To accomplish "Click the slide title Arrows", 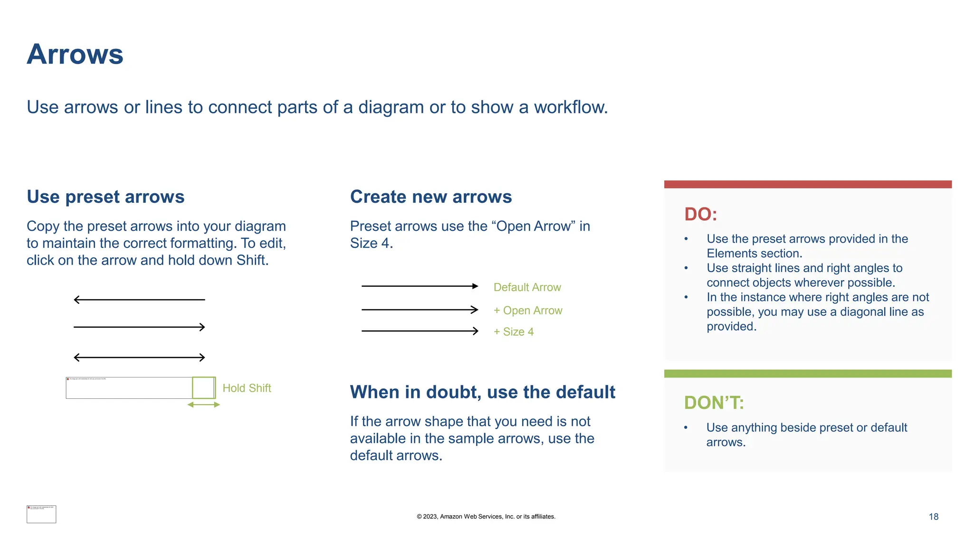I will [75, 54].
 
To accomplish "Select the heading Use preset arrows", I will [105, 197].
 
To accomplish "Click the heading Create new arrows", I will [431, 197].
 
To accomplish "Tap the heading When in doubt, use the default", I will [482, 392].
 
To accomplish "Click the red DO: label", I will [700, 214].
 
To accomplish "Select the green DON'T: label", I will [714, 403].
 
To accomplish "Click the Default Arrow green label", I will [527, 287].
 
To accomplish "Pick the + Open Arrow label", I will [527, 311].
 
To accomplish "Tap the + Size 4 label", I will [513, 332].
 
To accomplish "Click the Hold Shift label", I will [247, 388].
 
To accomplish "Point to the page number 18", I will [933, 517].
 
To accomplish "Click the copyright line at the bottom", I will [486, 517].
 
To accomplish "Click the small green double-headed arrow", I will [203, 405].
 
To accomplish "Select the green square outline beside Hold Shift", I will [204, 387].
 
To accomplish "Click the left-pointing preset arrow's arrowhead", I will [76, 300].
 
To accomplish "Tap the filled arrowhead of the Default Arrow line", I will [475, 286].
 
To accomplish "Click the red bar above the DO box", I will [807, 184].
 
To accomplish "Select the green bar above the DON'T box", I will [807, 374].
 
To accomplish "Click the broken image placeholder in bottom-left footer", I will [41, 514].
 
